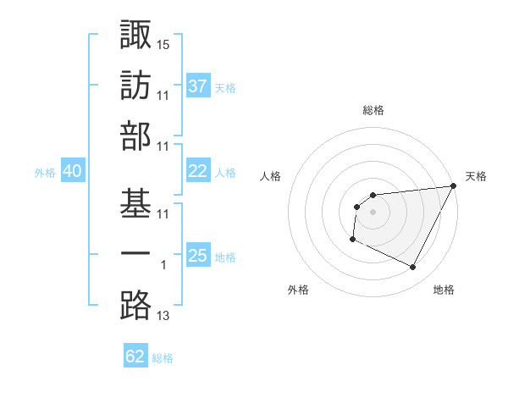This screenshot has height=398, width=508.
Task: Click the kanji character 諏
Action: (135, 36)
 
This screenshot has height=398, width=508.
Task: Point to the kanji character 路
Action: (135, 305)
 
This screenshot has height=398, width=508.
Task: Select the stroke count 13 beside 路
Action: (163, 316)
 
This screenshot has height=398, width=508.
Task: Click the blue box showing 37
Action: (197, 86)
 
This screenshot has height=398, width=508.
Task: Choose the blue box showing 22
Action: (197, 171)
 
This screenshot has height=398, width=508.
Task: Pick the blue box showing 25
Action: (197, 256)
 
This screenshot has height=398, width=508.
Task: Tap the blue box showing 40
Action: (72, 171)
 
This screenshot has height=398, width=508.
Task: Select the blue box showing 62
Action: (135, 357)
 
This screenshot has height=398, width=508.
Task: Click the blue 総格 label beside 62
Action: (163, 358)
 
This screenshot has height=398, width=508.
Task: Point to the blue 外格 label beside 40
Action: (45, 173)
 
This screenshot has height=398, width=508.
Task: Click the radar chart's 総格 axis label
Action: (373, 110)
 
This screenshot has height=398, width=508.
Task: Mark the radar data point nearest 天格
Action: (454, 187)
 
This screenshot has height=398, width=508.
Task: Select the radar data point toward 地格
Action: (413, 268)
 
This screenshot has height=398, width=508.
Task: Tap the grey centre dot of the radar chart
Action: (373, 212)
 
